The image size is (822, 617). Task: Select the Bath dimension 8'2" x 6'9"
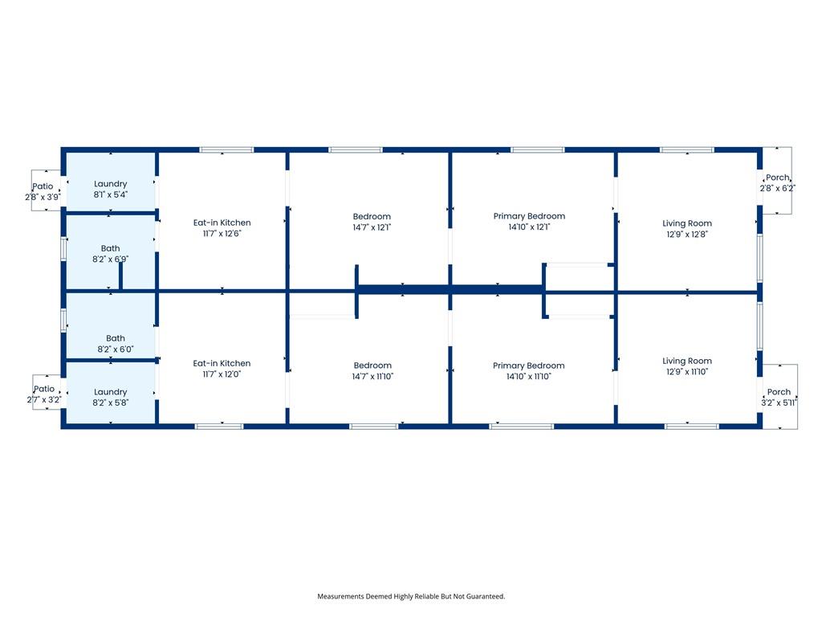coord(110,259)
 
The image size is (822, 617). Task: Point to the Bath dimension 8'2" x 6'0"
coord(116,349)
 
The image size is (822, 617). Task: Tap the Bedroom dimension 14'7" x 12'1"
coord(372,227)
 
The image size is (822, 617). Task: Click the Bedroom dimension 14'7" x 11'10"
coord(372,376)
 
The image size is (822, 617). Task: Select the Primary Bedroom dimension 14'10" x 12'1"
coord(529,227)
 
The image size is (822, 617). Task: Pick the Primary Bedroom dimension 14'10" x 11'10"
coord(528,376)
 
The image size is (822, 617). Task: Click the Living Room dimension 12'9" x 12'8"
coord(687,234)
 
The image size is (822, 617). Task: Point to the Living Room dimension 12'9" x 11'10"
coord(687,371)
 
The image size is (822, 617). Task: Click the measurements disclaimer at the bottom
coord(411,596)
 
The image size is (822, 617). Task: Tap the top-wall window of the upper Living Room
coord(687,150)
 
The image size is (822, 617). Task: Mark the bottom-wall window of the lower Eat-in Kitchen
coord(219,427)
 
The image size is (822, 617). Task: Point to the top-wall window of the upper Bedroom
coord(356,150)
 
